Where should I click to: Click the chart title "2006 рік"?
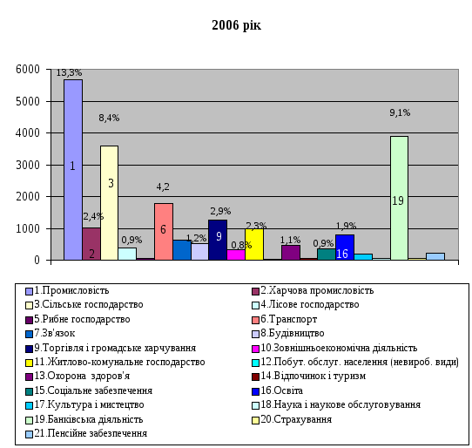tap(236, 25)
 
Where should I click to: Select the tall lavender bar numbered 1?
tap(73, 170)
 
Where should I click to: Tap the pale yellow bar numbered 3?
tap(109, 203)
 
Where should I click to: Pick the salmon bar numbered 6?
tap(164, 231)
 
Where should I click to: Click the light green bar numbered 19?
tap(399, 198)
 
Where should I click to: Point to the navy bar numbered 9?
tap(218, 240)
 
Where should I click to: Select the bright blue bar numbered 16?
tap(345, 247)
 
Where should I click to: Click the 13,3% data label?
tap(69, 72)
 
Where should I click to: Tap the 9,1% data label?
tap(400, 112)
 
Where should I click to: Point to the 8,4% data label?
tap(109, 118)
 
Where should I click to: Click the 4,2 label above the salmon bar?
tap(163, 187)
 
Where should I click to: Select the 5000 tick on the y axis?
tap(28, 101)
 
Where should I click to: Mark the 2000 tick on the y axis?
tap(28, 196)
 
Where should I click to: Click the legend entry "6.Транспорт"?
tap(284, 319)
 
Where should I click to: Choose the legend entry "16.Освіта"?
tap(277, 390)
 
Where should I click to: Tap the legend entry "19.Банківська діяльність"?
tap(84, 419)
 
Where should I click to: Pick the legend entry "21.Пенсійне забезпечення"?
tap(86, 433)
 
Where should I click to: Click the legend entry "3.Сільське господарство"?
tap(84, 304)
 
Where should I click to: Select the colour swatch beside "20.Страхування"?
tap(255, 420)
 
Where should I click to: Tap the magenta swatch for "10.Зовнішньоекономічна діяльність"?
tap(255, 349)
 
